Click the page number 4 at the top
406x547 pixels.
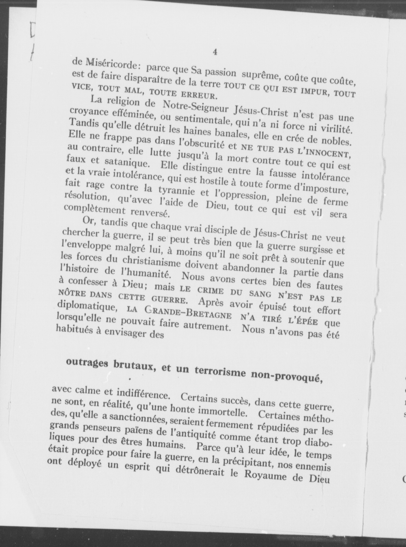[215, 52]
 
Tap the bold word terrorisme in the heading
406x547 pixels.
[221, 371]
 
